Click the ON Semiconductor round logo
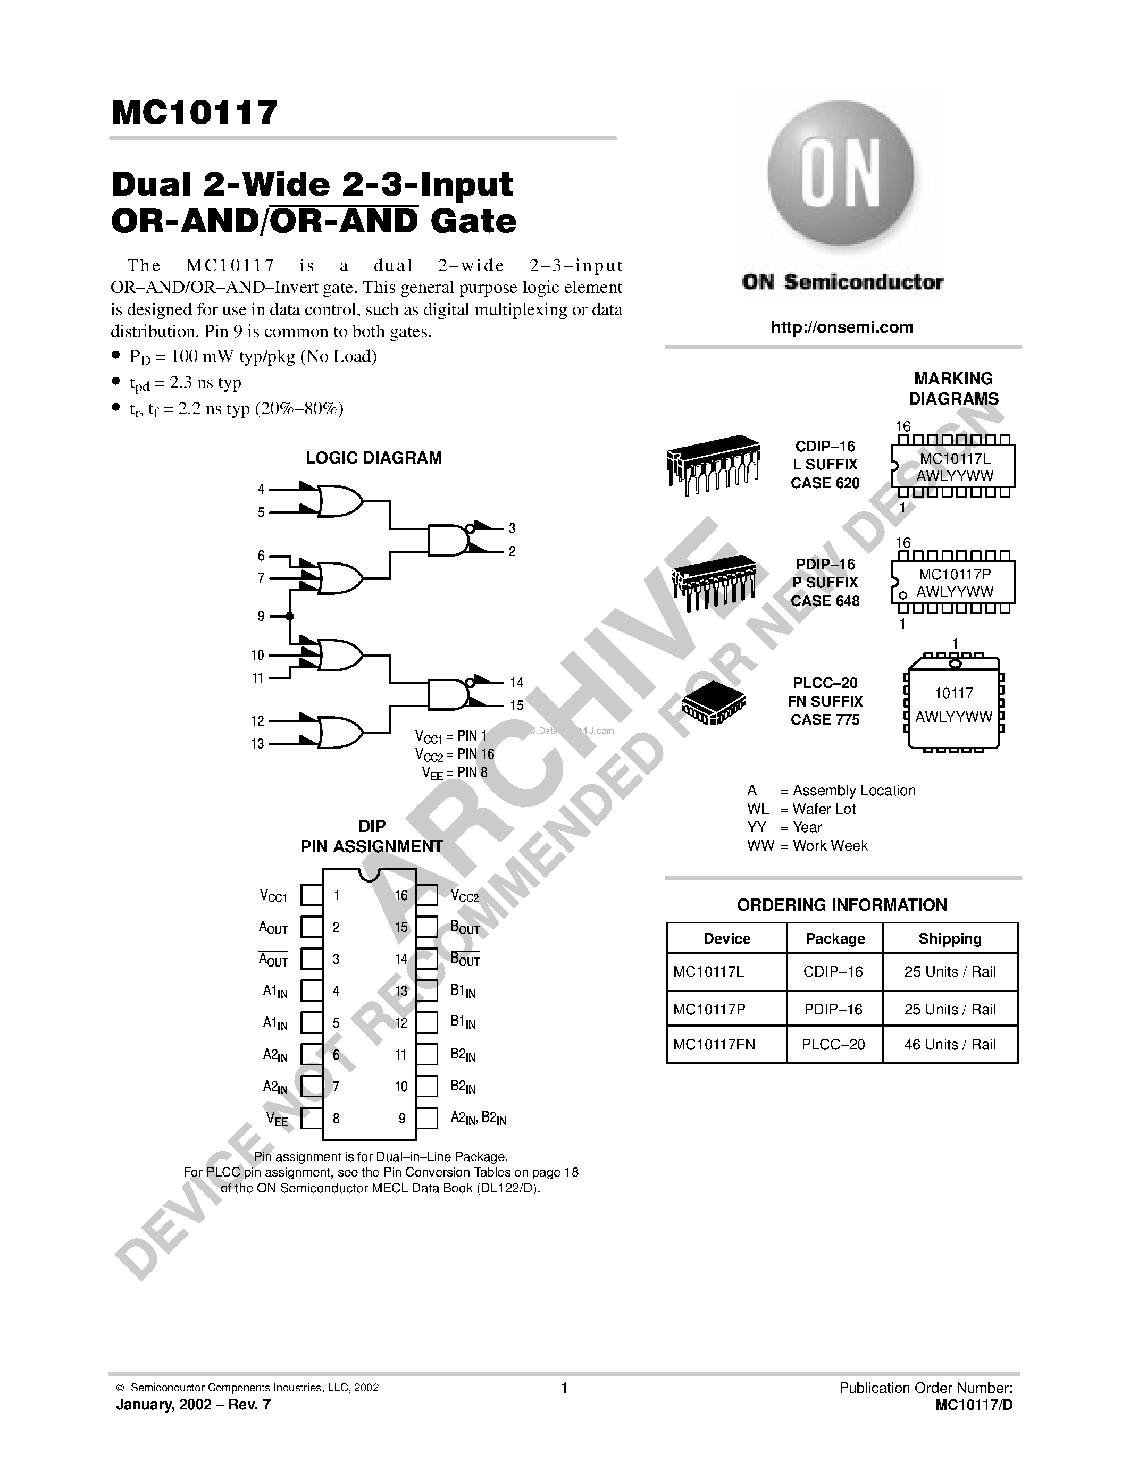[841, 175]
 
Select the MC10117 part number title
[194, 113]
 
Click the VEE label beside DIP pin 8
[277, 1119]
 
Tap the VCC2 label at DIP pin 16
[465, 896]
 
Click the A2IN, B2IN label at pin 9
[478, 1118]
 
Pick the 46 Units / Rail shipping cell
[949, 1044]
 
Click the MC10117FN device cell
[714, 1044]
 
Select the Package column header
[835, 938]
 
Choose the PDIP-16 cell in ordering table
[833, 1009]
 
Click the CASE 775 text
[825, 720]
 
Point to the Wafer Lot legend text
[823, 809]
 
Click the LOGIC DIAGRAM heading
[373, 458]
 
